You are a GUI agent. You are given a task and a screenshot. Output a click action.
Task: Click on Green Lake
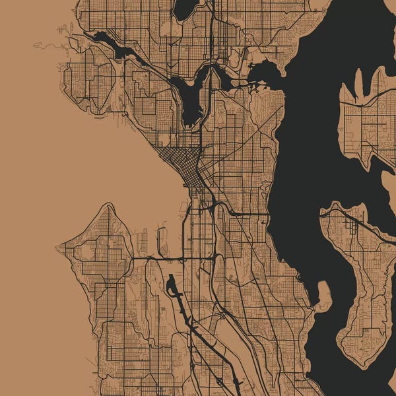coord(185,8)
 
